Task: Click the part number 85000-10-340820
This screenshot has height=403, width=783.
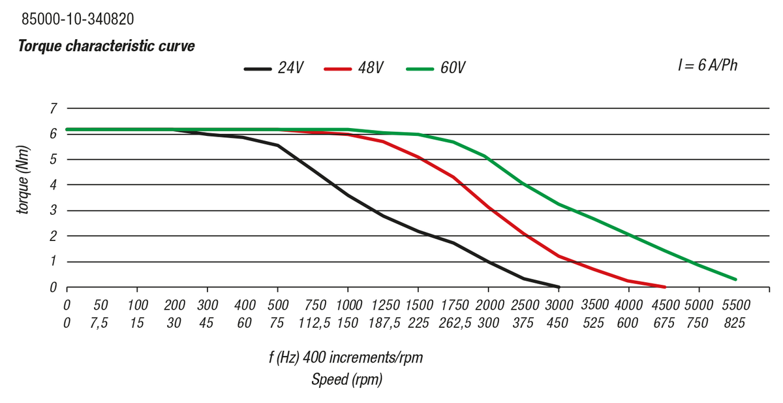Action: tap(78, 20)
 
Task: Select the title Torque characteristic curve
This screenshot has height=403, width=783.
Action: tap(106, 46)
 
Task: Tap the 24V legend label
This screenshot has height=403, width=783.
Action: tap(290, 69)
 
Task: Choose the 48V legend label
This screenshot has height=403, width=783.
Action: tap(371, 69)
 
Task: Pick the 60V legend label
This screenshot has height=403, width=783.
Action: tap(452, 69)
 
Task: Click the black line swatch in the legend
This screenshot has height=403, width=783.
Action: tap(257, 69)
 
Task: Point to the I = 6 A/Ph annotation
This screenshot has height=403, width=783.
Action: tap(707, 65)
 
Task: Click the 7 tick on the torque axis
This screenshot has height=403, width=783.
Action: tap(54, 108)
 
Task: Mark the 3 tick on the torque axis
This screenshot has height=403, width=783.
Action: tap(54, 211)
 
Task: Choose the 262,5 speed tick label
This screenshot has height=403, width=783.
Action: tap(454, 322)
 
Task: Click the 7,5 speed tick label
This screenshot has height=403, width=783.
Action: tap(100, 322)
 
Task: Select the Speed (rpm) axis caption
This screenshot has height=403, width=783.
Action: tap(346, 379)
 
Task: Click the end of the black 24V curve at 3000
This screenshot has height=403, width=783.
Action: tap(559, 287)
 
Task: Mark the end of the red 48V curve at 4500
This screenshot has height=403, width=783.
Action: tap(664, 287)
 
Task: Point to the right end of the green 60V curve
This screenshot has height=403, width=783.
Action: tap(735, 280)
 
